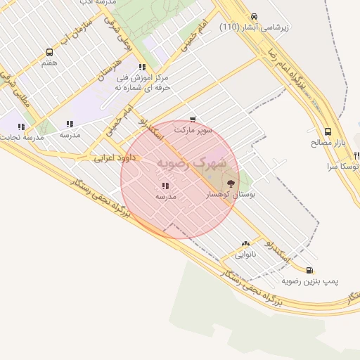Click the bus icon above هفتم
coord(49,52)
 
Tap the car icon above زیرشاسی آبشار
coord(254,17)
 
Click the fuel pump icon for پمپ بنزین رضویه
coord(310,270)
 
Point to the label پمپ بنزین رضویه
coord(310,281)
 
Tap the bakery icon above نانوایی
coord(245,243)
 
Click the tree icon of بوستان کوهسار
coord(231,184)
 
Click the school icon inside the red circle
coord(165,186)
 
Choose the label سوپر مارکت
coord(193,131)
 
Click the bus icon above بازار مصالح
coord(328,131)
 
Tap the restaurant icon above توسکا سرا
coord(357,155)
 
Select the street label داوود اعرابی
coord(114,159)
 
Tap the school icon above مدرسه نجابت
coord(22,127)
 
